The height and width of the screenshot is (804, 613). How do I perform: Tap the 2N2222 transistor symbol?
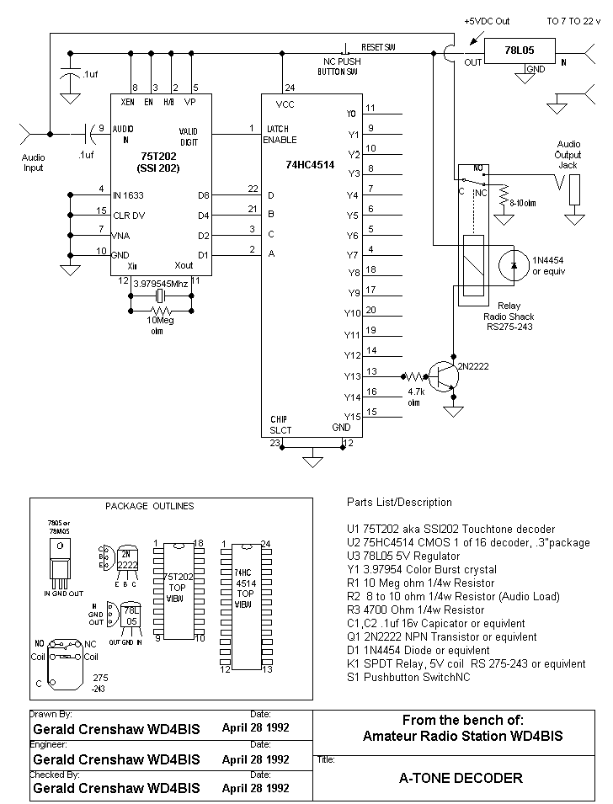pos(443,375)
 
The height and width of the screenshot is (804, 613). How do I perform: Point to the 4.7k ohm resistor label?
pos(414,397)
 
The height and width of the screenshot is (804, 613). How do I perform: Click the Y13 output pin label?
pos(354,375)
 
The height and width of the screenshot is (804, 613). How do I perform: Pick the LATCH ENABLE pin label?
pos(280,134)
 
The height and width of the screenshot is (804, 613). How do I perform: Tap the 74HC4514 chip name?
pos(310,165)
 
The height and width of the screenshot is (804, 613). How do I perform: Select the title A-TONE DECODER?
pos(460,778)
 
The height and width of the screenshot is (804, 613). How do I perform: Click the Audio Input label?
pos(34,162)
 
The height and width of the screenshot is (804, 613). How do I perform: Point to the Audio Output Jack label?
pos(569,155)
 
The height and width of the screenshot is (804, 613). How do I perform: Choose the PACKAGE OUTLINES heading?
pos(149,506)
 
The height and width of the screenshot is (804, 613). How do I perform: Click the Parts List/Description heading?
pos(399,503)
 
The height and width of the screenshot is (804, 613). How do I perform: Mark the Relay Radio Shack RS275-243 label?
pos(509,316)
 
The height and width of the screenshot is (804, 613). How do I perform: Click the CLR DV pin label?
pos(129,215)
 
